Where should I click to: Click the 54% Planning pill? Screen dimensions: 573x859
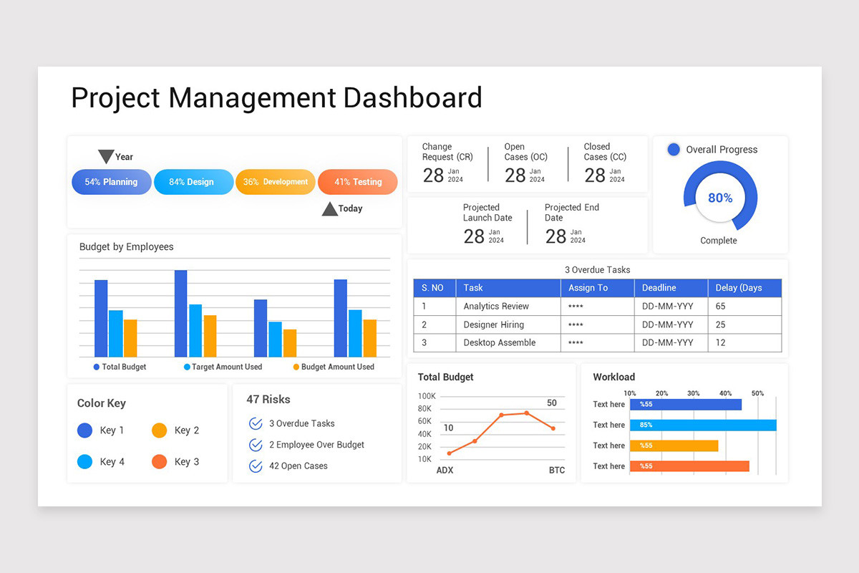tap(111, 182)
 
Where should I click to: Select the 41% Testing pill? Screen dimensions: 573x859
tap(357, 182)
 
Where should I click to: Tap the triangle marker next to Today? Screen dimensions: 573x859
tap(329, 208)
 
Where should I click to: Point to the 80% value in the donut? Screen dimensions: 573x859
tap(720, 198)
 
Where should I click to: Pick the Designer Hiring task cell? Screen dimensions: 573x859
tap(493, 324)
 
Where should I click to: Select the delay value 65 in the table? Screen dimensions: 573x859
tap(720, 306)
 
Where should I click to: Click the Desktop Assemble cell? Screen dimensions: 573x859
tap(499, 342)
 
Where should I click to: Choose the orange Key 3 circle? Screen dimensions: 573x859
tap(159, 462)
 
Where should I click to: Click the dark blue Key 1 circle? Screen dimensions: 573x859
tap(84, 430)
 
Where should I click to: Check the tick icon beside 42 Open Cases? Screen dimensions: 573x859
tap(256, 466)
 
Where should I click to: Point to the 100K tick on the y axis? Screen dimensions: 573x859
tap(427, 396)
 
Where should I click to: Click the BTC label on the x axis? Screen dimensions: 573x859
tap(556, 471)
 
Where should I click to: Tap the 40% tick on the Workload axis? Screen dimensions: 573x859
tap(725, 393)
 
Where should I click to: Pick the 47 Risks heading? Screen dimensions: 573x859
tap(268, 400)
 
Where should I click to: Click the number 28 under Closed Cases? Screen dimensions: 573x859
tap(594, 175)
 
